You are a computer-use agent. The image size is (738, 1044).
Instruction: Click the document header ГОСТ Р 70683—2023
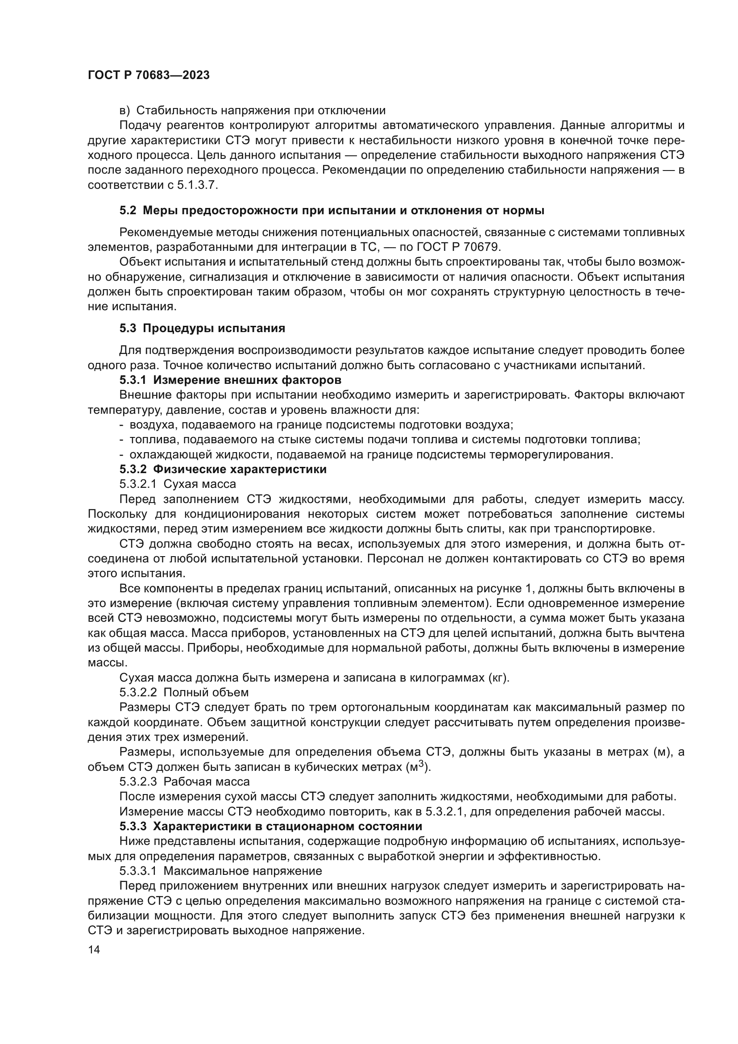coord(149,75)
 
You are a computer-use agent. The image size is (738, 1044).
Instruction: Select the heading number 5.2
coord(128,211)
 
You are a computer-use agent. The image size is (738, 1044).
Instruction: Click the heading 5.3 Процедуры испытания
coord(202,329)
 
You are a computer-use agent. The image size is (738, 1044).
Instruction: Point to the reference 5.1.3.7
coord(197,186)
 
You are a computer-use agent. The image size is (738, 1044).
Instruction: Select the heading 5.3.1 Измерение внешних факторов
coord(230,380)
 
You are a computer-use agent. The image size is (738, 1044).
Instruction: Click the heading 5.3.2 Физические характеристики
coord(223,469)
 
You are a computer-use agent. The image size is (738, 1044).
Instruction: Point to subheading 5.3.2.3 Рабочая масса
coord(185,782)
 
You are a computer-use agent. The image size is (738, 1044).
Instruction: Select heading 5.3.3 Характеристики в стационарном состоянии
coord(271,826)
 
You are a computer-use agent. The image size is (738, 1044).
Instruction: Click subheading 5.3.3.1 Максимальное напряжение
coord(220,871)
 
